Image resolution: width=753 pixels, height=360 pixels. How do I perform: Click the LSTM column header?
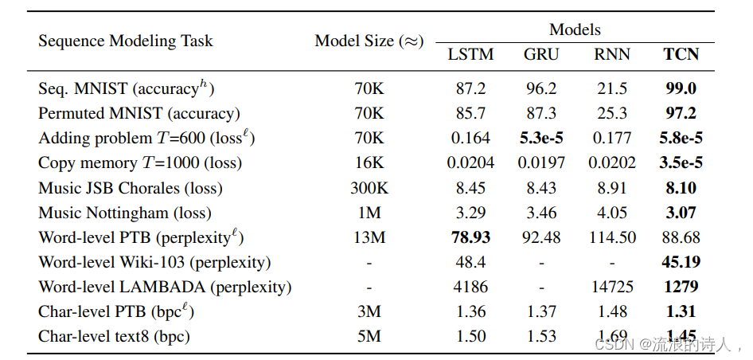point(470,55)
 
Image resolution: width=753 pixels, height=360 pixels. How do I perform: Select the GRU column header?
point(541,55)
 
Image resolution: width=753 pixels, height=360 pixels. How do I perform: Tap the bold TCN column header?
point(681,55)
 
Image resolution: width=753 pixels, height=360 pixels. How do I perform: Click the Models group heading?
point(575,30)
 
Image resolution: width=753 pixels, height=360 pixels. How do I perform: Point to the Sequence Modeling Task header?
point(126,41)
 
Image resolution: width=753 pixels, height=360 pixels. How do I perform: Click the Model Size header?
point(369,41)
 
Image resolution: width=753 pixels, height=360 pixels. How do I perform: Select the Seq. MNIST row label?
point(127,88)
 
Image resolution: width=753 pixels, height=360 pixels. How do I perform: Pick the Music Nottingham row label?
point(125,213)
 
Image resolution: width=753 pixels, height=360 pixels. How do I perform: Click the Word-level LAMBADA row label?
point(165,287)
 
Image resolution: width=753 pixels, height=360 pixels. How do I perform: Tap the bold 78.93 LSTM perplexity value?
point(470,237)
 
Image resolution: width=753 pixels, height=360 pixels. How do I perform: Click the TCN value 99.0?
point(681,88)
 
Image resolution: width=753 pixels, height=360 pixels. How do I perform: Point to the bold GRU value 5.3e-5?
point(541,138)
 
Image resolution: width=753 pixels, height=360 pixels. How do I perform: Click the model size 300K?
point(369,188)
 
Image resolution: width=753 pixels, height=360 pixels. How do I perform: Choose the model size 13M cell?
point(369,237)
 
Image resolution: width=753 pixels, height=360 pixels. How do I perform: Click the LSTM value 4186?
point(470,287)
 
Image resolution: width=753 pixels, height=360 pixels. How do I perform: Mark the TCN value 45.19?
point(681,262)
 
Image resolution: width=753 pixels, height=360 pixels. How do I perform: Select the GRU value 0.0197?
point(541,162)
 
